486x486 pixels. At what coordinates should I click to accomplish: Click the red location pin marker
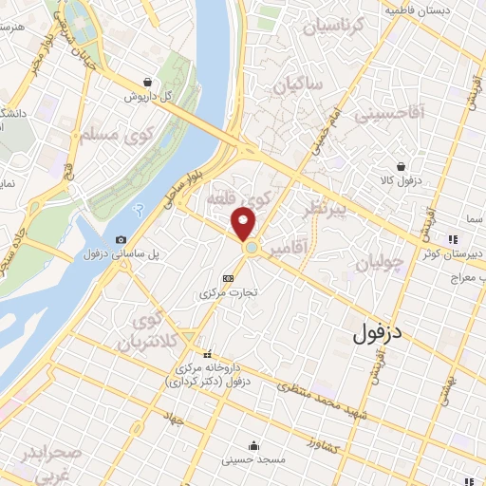tap(244, 224)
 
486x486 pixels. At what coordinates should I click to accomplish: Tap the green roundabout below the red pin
tap(252, 248)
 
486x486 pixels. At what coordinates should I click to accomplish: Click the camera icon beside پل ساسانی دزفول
tap(121, 240)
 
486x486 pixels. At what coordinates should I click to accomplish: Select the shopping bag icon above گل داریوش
tap(145, 82)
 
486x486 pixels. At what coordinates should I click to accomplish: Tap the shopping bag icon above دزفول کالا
tap(402, 166)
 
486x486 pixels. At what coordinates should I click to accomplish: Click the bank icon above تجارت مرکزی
tap(227, 278)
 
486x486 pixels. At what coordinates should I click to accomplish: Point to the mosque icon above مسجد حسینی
tap(252, 444)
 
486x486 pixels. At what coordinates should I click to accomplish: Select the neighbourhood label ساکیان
tap(299, 85)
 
